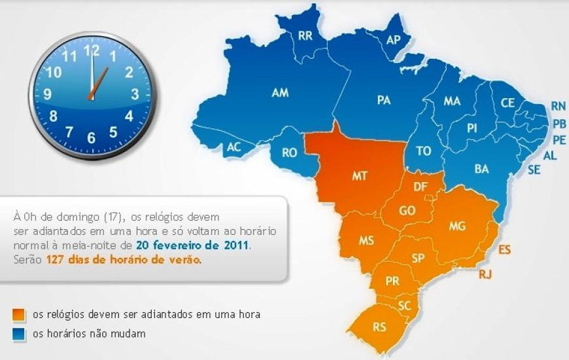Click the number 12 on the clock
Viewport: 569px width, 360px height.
click(92, 49)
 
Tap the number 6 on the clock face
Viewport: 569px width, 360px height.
click(92, 138)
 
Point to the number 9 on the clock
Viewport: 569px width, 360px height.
click(48, 94)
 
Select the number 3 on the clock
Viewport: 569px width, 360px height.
click(135, 94)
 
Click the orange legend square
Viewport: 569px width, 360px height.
click(19, 314)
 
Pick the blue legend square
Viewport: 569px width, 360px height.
click(19, 334)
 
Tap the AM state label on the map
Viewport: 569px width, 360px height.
click(280, 94)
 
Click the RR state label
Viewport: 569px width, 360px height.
click(305, 36)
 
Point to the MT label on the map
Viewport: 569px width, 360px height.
click(359, 176)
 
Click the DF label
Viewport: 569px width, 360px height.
click(421, 187)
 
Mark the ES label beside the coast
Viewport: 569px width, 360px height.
click(504, 249)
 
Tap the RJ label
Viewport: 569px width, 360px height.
click(485, 274)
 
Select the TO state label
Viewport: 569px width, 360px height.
click(424, 151)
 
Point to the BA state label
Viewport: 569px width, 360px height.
click(481, 169)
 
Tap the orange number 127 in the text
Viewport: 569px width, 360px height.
click(56, 259)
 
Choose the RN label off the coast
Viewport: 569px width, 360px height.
click(558, 105)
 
